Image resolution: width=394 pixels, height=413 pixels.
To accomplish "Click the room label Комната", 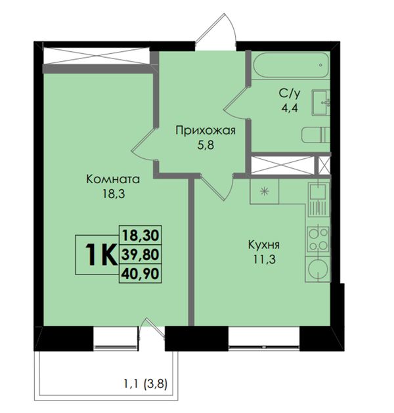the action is (x=113, y=179).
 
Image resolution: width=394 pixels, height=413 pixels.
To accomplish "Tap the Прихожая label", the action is (x=206, y=131).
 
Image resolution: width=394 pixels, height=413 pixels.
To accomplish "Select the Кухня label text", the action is (x=264, y=245).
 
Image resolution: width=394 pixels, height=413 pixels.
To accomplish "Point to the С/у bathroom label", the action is (x=290, y=93).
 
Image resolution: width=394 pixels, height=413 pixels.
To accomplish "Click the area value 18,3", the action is (x=114, y=194).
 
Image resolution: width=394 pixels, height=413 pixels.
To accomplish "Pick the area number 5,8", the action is (x=206, y=145).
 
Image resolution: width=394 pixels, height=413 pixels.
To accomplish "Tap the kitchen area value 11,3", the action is (x=265, y=260).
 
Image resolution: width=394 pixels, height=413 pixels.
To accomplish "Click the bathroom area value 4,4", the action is (x=290, y=108).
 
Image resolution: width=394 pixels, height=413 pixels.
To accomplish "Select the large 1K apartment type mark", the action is (x=101, y=255).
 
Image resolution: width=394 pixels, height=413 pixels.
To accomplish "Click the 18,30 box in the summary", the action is (x=141, y=235).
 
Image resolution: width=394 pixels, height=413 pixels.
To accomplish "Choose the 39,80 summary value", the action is (x=141, y=255).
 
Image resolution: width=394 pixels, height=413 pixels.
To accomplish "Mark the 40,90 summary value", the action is (x=141, y=274).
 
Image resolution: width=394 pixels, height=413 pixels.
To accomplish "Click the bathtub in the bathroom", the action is (x=292, y=65).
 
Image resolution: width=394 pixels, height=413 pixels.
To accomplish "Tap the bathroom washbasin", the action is (x=321, y=102).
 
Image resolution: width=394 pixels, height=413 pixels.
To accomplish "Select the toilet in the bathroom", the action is (x=316, y=135).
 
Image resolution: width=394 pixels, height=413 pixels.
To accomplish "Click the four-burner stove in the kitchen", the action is (x=318, y=238).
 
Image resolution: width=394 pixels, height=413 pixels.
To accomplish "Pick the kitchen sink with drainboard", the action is (x=318, y=200).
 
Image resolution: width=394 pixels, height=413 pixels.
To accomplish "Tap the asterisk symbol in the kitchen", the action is (x=264, y=191).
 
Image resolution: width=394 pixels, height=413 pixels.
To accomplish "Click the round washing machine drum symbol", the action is (x=318, y=269).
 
